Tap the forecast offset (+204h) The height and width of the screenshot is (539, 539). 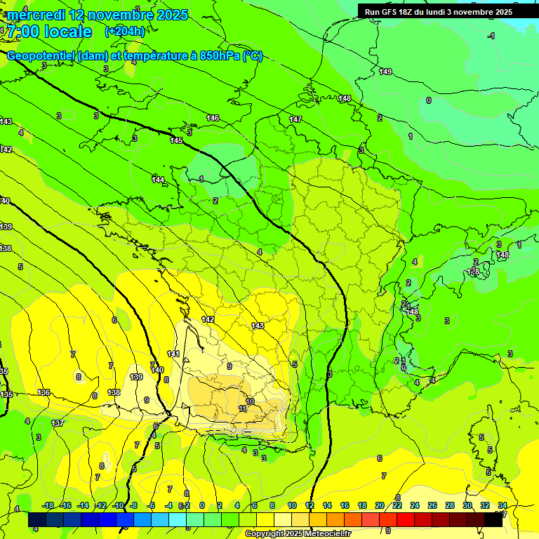click(125, 31)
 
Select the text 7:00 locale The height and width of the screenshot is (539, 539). click(49, 32)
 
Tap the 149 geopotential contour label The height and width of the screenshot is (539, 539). click(385, 72)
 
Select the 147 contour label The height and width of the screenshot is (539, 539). click(295, 119)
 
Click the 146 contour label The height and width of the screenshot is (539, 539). click(213, 118)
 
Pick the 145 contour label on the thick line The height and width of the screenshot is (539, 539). click(176, 141)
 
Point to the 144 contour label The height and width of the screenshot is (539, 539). click(158, 180)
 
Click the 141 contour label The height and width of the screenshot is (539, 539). click(173, 353)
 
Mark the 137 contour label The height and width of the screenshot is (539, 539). click(58, 423)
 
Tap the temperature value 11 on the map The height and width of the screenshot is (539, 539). click(243, 408)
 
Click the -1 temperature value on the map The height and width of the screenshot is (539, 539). click(491, 36)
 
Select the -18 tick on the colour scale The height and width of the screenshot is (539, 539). click(48, 505)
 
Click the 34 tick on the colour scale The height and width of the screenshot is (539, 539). click(502, 505)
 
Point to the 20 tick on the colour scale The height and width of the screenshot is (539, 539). click(380, 505)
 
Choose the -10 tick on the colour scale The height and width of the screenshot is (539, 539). click(118, 505)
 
